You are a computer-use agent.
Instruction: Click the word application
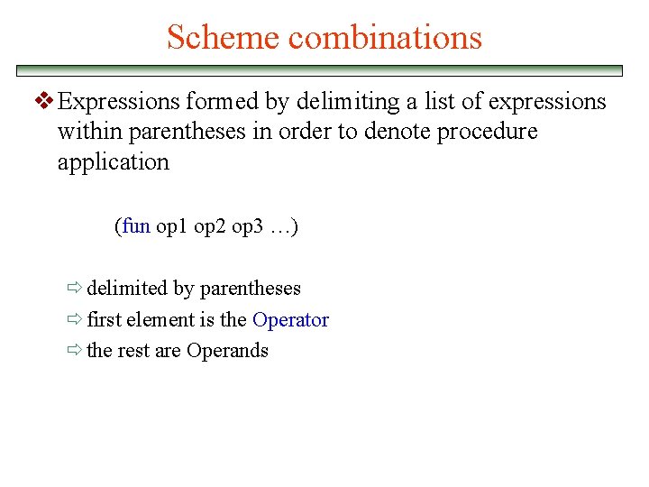pyautogui.click(x=113, y=162)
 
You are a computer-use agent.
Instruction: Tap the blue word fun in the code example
pyautogui.click(x=136, y=226)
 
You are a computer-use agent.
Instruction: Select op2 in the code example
pyautogui.click(x=210, y=226)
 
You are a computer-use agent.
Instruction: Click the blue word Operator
pyautogui.click(x=290, y=320)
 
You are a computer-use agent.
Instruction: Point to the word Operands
pyautogui.click(x=227, y=351)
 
